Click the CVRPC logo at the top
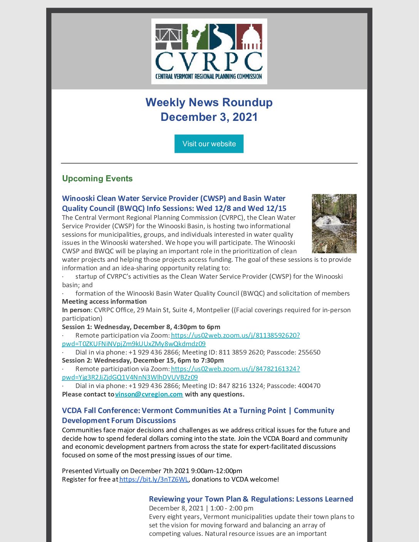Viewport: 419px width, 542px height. pyautogui.click(x=209, y=51)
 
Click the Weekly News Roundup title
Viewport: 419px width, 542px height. pyautogui.click(x=209, y=102)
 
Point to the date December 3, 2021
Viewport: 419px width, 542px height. pyautogui.click(x=209, y=117)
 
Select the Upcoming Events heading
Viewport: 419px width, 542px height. pyautogui.click(x=97, y=179)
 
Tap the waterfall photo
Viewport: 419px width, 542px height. pyautogui.click(x=334, y=223)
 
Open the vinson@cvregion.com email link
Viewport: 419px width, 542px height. pyautogui.click(x=149, y=394)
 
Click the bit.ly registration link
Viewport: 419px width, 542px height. pyautogui.click(x=154, y=479)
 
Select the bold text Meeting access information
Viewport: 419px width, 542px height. pyautogui.click(x=104, y=301)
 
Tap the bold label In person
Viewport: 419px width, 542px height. pyautogui.click(x=76, y=310)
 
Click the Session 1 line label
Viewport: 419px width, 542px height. pyautogui.click(x=141, y=327)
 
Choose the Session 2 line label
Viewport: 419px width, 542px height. pyautogui.click(x=142, y=360)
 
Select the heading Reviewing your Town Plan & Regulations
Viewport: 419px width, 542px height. pyautogui.click(x=251, y=499)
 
